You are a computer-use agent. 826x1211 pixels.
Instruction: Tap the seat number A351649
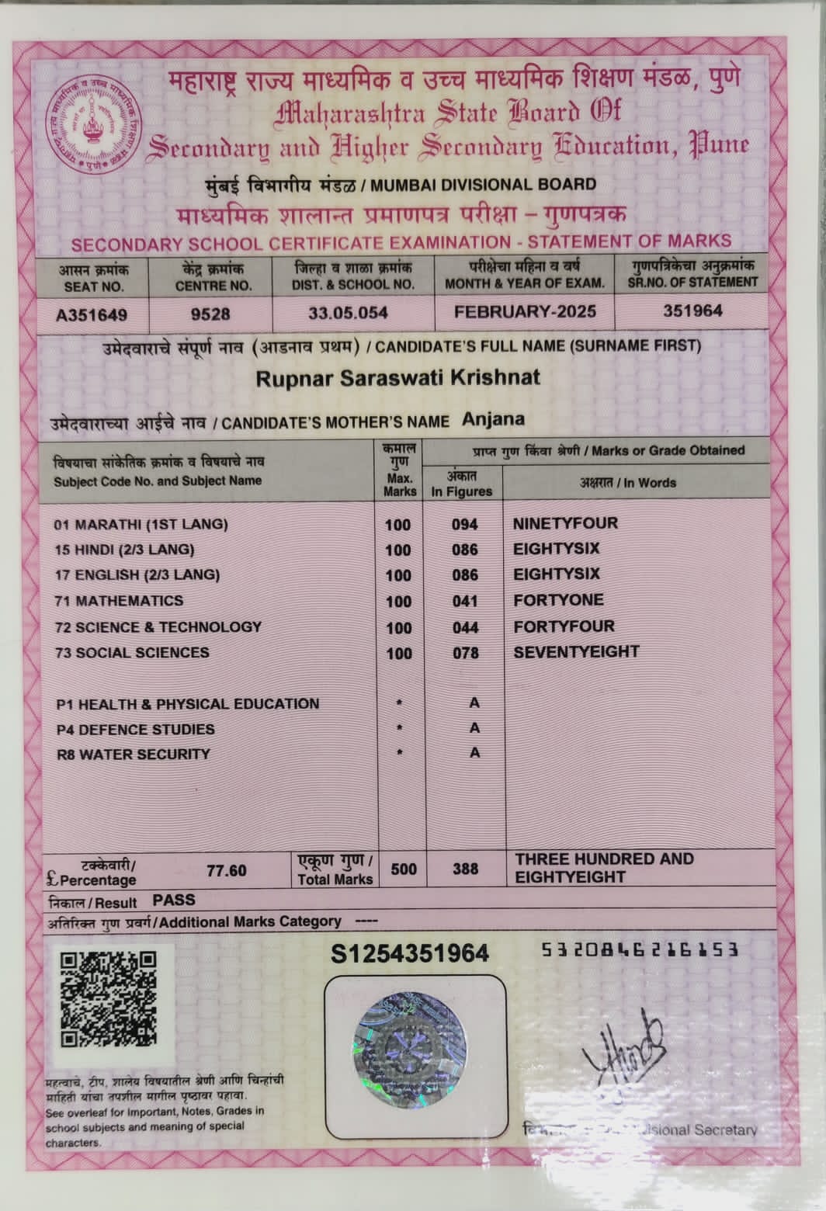[x=92, y=314]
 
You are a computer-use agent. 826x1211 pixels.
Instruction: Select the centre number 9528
[x=210, y=314]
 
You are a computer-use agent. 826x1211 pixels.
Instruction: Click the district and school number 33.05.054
[x=348, y=313]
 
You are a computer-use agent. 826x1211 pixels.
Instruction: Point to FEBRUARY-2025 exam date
[x=525, y=311]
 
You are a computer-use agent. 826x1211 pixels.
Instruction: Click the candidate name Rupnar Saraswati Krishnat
[x=397, y=379]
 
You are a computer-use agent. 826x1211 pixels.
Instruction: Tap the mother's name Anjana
[x=493, y=419]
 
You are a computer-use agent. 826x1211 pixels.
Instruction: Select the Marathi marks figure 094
[x=464, y=525]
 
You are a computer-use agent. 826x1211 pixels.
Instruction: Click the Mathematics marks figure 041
[x=464, y=602]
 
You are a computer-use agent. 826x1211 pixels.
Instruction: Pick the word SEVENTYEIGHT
[x=576, y=652]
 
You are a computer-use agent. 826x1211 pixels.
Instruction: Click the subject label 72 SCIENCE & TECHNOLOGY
[x=158, y=626]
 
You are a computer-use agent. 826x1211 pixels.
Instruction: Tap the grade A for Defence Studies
[x=474, y=728]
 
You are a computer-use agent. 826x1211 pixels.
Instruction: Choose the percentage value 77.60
[x=226, y=870]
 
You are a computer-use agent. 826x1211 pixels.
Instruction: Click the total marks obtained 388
[x=465, y=869]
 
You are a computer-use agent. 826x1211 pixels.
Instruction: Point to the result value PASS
[x=174, y=900]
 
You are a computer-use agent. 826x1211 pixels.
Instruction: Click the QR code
[x=108, y=998]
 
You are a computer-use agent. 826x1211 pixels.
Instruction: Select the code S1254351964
[x=410, y=953]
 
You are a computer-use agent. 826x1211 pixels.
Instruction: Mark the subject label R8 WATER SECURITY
[x=133, y=755]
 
